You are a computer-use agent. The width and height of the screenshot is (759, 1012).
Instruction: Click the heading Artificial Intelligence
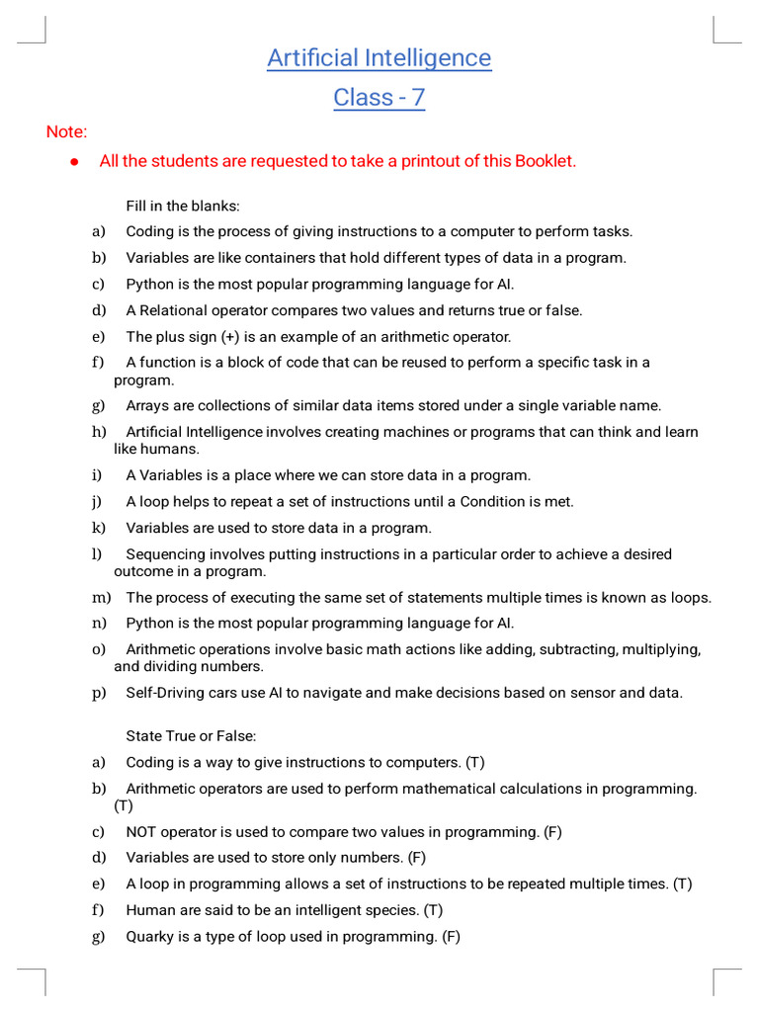point(379,58)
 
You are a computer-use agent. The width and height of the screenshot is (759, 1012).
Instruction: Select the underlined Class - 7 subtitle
point(379,98)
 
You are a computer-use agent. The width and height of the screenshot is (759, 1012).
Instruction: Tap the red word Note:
point(66,132)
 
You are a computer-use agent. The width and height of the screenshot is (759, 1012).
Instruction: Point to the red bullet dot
point(74,162)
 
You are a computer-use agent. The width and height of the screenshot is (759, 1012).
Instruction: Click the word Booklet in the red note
point(544,161)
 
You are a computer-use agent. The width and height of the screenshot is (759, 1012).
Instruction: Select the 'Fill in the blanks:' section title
point(183,207)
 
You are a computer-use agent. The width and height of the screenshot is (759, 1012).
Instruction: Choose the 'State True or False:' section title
point(191,736)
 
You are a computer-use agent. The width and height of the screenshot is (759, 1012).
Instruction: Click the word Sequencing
point(164,554)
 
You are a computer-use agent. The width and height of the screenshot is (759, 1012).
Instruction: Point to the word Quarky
point(150,936)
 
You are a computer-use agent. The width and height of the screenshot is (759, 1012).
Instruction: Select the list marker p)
point(99,693)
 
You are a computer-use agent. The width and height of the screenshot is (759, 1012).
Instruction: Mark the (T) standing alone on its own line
point(124,805)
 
